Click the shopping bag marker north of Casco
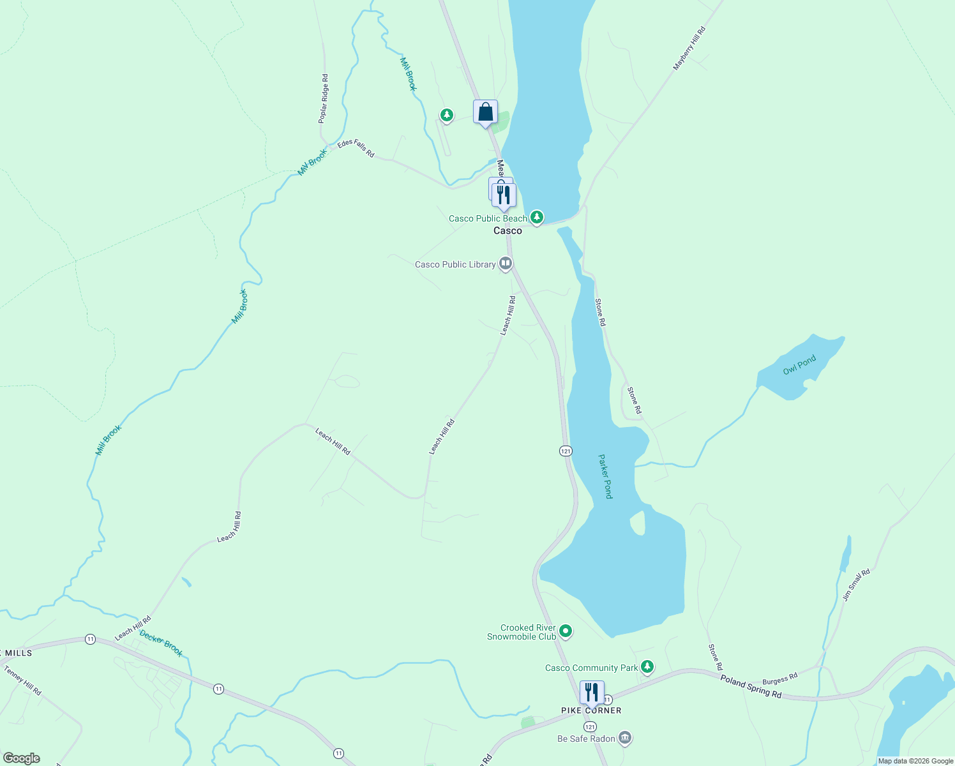[485, 112]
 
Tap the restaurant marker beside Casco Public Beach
[504, 195]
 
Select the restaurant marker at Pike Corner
[592, 693]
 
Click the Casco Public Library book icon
[506, 263]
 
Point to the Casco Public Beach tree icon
[537, 218]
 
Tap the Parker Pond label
[605, 476]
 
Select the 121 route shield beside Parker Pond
[566, 451]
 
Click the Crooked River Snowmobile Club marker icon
[566, 632]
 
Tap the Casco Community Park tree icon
[647, 667]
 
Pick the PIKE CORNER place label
[590, 710]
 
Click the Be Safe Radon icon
[625, 739]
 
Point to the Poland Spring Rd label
[751, 686]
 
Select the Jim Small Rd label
[856, 585]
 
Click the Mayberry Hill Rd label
[689, 49]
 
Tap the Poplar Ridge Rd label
[324, 98]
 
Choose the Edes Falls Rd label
[356, 149]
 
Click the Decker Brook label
[161, 643]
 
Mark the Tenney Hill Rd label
[22, 680]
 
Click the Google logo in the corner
[22, 758]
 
